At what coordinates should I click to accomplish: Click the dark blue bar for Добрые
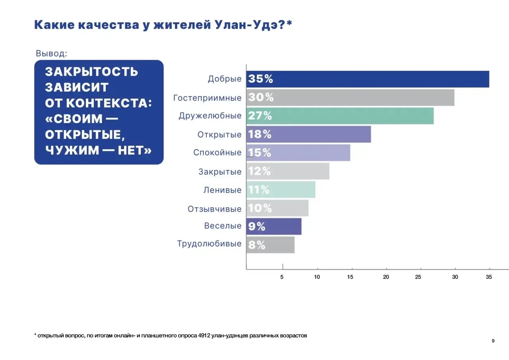coord(368,79)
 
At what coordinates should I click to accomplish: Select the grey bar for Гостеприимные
coord(350,97)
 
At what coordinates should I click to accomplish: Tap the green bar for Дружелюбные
coord(340,116)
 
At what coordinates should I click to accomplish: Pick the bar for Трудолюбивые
coord(270,245)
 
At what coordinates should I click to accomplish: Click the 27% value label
coord(260,116)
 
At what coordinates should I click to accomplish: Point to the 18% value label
coord(260,134)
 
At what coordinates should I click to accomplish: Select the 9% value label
coord(256,226)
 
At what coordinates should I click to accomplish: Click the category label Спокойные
coord(218,153)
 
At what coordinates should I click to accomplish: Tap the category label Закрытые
coord(220,172)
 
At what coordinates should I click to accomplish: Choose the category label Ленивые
coord(222,190)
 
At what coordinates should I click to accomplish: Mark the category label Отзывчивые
coord(215,209)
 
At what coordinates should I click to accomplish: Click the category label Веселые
coord(223,226)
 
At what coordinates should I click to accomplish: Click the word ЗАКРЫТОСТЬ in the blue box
coord(91,72)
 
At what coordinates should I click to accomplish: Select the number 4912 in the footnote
coord(204,336)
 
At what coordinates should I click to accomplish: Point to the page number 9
coord(493,341)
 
